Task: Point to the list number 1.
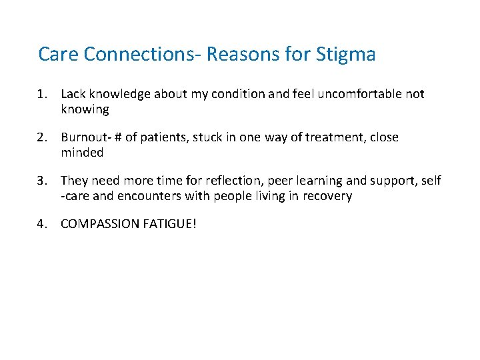[x=41, y=94]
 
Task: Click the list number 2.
[x=41, y=137]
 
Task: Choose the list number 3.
[x=41, y=181]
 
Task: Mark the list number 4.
[x=41, y=224]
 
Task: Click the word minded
[x=82, y=153]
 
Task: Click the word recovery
[x=327, y=196]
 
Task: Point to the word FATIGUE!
[x=169, y=224]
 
